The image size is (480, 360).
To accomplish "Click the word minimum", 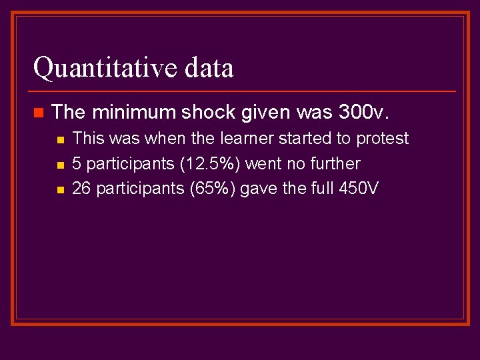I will pos(127,112).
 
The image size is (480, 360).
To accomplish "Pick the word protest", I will pos(383,139).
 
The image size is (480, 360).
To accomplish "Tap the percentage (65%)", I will pos(213,189).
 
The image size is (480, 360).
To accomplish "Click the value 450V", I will pos(359,189).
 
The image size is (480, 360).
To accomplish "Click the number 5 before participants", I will pos(77,164).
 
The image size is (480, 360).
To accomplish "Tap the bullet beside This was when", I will pos(59,139).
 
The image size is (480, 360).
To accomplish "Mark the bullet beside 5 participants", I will pos(59,165).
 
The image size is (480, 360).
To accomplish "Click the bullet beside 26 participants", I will pos(59,189).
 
